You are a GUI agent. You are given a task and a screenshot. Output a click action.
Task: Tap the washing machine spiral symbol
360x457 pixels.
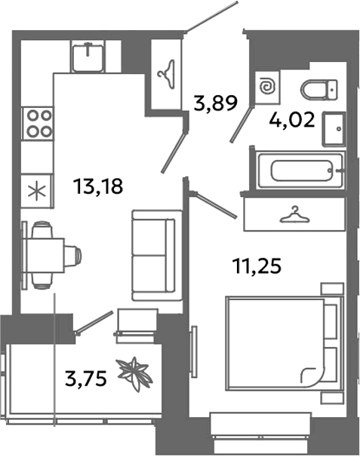pyautogui.click(x=268, y=87)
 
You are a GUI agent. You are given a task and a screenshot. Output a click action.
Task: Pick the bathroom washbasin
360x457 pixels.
pyautogui.click(x=332, y=130)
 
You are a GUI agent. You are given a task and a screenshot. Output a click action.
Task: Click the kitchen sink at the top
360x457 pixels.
pyautogui.click(x=90, y=54)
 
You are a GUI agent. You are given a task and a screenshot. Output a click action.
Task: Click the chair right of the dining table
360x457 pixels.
pyautogui.click(x=72, y=255)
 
